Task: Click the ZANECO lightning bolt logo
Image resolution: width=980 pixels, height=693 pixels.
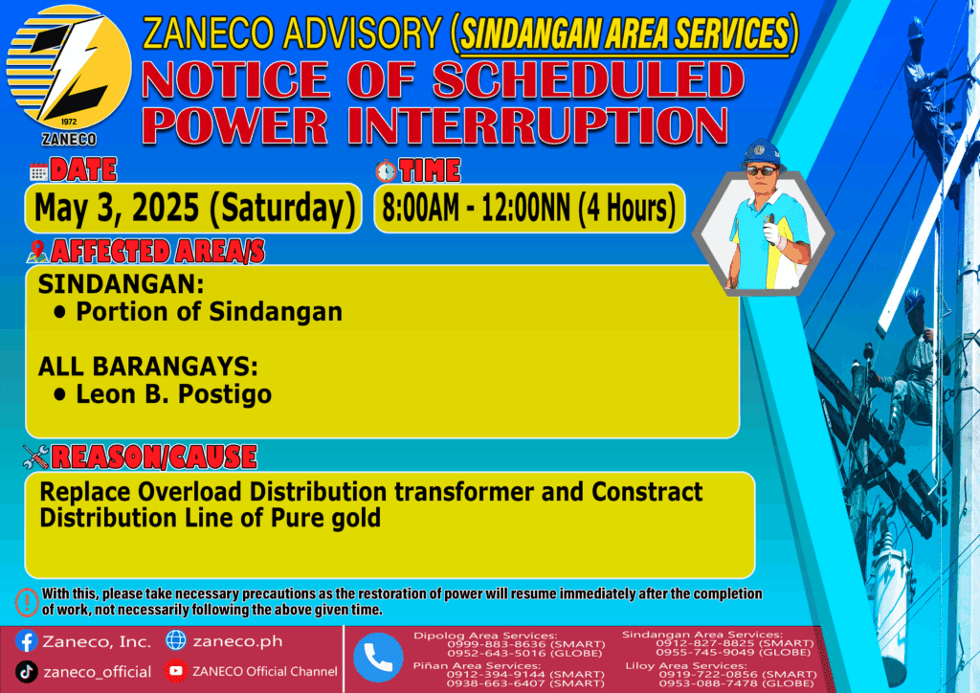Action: click(x=69, y=68)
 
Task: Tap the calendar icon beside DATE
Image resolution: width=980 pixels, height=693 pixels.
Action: click(x=38, y=171)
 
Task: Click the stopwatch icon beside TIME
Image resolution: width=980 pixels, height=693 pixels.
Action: click(x=386, y=170)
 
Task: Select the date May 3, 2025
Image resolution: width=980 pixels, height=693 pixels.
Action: click(x=117, y=208)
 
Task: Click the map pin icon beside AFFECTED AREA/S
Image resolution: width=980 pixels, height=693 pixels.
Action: click(x=37, y=251)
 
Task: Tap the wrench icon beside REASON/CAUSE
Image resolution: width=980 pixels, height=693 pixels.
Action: click(x=35, y=457)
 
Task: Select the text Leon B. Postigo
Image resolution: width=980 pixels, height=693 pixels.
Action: click(x=174, y=394)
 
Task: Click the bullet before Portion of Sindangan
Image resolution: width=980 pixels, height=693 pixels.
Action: click(x=60, y=312)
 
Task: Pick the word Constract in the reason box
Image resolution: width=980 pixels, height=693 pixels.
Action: click(x=647, y=492)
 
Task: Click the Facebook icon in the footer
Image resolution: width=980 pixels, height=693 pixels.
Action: click(x=26, y=641)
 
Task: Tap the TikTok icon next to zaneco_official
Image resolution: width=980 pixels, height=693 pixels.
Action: click(x=26, y=672)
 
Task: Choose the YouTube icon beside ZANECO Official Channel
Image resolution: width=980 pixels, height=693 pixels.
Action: click(x=176, y=671)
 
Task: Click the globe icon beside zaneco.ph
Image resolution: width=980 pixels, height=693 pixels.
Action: click(x=176, y=640)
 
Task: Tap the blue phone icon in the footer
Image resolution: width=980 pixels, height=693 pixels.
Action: click(x=378, y=658)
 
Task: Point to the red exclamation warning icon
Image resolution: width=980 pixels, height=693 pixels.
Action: click(x=27, y=602)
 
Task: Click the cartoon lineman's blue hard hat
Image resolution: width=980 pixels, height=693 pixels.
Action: click(x=762, y=154)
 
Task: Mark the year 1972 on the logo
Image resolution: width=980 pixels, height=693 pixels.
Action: click(x=68, y=122)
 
